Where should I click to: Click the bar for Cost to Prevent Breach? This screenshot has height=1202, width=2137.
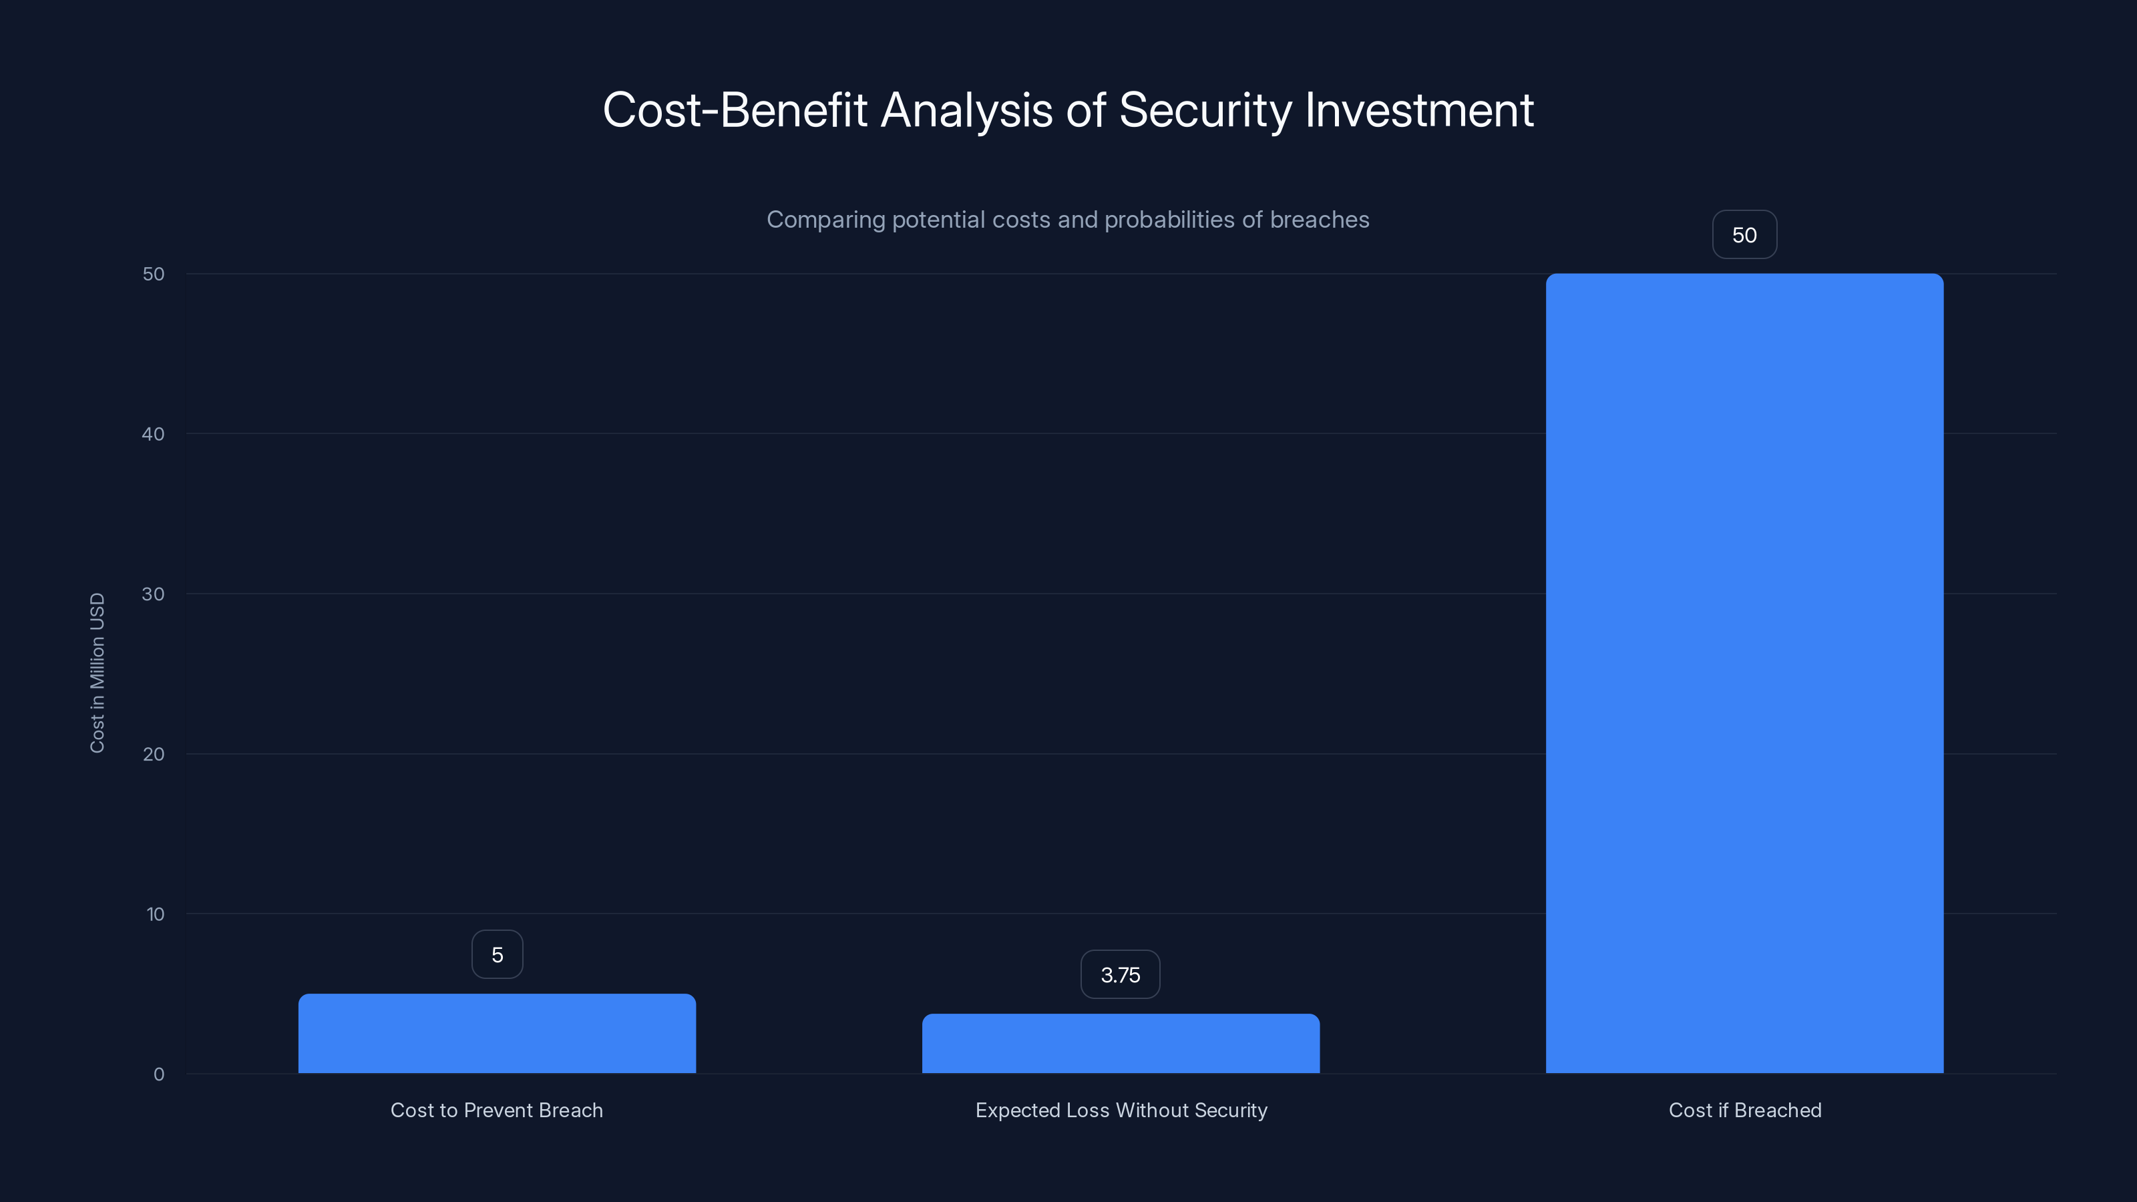tap(497, 1034)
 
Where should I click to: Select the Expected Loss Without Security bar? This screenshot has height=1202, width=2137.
tap(1121, 1044)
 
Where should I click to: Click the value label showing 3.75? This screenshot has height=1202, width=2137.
tap(1120, 975)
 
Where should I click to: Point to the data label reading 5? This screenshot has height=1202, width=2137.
tap(497, 955)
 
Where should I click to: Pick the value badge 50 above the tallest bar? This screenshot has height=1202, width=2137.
tap(1744, 235)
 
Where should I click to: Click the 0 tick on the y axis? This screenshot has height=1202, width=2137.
tap(158, 1074)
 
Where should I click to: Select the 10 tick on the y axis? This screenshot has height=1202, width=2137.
tap(155, 914)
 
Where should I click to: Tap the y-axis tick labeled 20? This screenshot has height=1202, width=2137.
tap(154, 754)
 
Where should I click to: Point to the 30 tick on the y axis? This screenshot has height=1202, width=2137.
tap(154, 594)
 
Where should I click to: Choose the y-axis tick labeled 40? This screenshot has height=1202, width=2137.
tap(154, 434)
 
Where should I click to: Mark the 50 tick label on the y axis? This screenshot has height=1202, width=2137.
tap(154, 274)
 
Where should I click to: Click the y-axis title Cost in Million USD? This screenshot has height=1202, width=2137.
tap(97, 672)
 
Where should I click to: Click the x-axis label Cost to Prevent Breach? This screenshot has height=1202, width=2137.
tap(497, 1110)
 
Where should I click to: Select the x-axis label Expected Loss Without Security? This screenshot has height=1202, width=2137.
tap(1121, 1110)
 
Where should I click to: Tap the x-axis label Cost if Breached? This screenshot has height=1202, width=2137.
tap(1744, 1110)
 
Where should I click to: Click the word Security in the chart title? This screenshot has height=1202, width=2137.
tap(1205, 110)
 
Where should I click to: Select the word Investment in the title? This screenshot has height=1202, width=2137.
tap(1418, 110)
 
